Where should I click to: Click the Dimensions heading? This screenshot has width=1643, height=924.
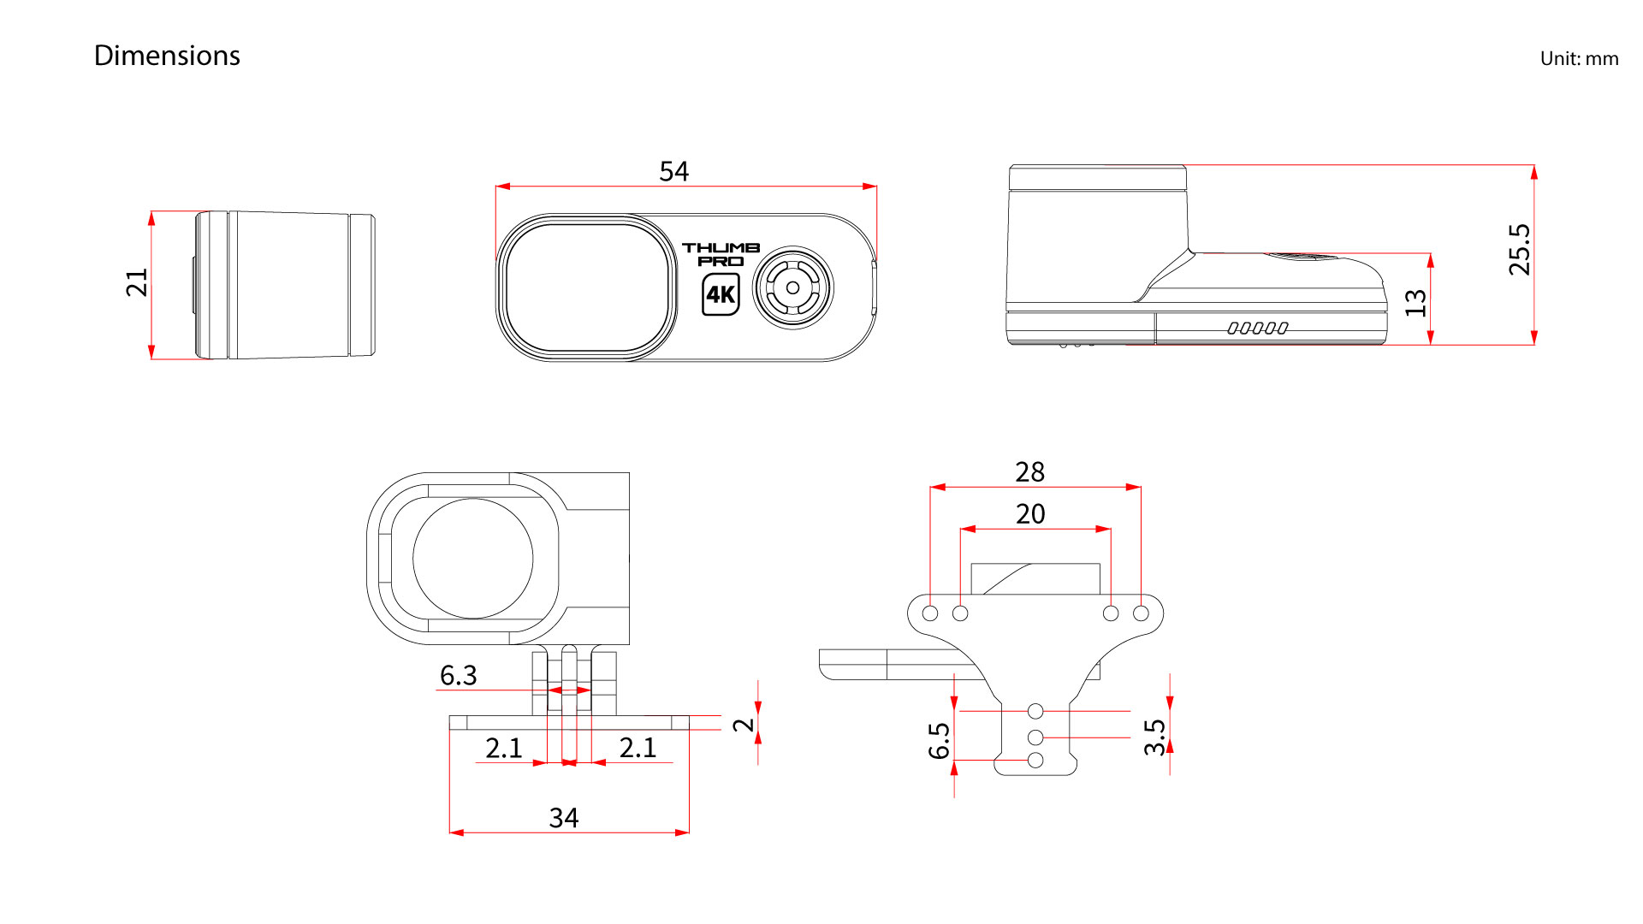[x=167, y=56]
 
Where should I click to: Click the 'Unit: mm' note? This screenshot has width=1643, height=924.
[x=1579, y=59]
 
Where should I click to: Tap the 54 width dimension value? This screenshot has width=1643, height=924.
[x=674, y=171]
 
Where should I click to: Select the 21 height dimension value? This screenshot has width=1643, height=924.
[x=137, y=282]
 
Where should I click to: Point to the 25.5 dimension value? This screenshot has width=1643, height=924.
[x=1520, y=250]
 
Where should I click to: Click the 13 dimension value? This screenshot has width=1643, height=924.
[x=1416, y=302]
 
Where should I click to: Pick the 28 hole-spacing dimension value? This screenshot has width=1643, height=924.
[x=1030, y=472]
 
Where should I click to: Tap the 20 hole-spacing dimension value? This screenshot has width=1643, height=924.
[x=1030, y=514]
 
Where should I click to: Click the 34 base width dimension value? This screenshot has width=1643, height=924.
[x=564, y=818]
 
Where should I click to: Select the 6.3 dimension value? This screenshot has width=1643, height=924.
[x=459, y=675]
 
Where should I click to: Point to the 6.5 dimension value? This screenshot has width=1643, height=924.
[x=940, y=741]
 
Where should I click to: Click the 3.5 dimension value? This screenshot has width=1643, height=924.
[x=1155, y=737]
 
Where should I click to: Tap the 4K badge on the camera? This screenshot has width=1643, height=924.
[x=721, y=295]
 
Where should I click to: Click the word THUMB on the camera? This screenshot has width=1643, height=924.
[x=721, y=247]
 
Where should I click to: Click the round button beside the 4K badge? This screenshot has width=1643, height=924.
[x=793, y=288]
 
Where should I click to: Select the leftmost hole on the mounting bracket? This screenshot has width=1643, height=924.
[x=930, y=613]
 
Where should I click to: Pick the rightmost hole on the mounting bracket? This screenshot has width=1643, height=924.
[x=1141, y=613]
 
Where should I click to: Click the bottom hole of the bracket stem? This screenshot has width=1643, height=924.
[x=1035, y=761]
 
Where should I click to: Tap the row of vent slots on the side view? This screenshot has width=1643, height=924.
[x=1258, y=328]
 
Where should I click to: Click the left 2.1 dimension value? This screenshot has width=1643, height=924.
[x=504, y=748]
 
